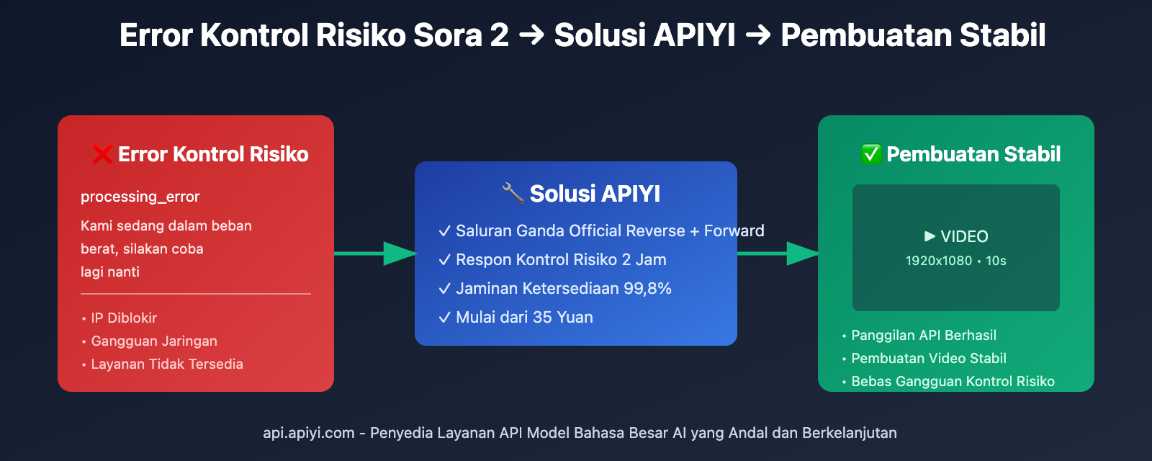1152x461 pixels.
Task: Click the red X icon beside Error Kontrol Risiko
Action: [102, 154]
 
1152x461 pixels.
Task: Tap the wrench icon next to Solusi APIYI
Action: [513, 193]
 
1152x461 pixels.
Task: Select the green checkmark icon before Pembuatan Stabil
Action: [871, 154]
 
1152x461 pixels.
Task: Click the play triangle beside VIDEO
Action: [930, 236]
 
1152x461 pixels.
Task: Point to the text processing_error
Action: [140, 197]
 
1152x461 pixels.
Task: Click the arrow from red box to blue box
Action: [374, 254]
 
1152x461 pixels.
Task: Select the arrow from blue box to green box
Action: [778, 254]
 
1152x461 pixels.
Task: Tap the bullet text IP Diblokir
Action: [123, 318]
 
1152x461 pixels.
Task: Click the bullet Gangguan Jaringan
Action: [153, 341]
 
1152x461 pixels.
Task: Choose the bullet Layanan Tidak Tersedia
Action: [166, 364]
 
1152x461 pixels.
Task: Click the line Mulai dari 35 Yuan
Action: [523, 317]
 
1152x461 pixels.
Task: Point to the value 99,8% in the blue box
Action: [647, 288]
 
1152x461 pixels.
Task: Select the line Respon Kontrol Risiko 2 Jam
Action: [560, 259]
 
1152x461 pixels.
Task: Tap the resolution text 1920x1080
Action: [938, 261]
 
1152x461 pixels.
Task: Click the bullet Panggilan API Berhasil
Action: [923, 335]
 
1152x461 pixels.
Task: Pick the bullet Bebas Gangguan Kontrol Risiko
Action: [952, 381]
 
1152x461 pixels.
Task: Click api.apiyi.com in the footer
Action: [308, 433]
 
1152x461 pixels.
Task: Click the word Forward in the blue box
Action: [734, 230]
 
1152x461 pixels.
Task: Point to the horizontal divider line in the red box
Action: [196, 294]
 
